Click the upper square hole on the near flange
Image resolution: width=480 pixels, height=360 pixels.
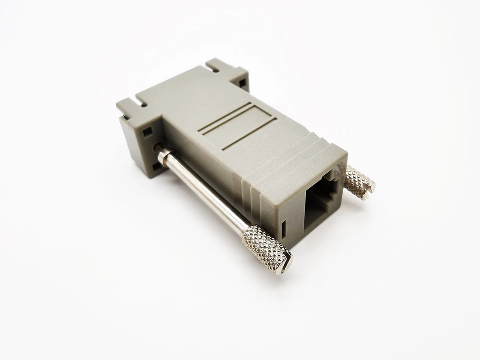(x=147, y=130)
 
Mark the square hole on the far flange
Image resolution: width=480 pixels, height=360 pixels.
(x=242, y=84)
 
